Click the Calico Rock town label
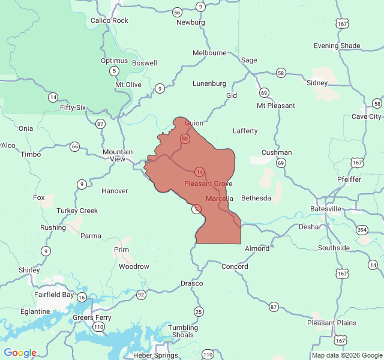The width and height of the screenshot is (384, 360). click(109, 20)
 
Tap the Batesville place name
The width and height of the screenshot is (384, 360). click(326, 209)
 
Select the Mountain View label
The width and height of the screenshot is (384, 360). click(118, 155)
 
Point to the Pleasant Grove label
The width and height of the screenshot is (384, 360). click(208, 184)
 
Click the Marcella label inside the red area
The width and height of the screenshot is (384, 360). click(219, 199)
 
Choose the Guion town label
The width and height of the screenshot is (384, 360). click(194, 123)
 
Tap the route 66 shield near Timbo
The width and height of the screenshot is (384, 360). click(74, 146)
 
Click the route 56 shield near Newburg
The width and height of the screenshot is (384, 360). click(177, 12)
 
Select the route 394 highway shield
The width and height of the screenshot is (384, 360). click(362, 230)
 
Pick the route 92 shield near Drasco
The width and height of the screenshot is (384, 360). click(141, 295)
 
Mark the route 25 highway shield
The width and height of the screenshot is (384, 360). click(199, 311)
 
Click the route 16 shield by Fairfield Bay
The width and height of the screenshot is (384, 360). click(82, 298)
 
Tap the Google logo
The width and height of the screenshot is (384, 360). click(20, 353)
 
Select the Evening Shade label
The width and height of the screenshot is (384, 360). click(337, 46)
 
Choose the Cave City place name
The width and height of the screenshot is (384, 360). click(366, 116)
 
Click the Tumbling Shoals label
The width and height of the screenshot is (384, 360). click(182, 331)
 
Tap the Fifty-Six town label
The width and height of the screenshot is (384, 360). click(73, 107)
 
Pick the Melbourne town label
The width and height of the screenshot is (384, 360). click(209, 53)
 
